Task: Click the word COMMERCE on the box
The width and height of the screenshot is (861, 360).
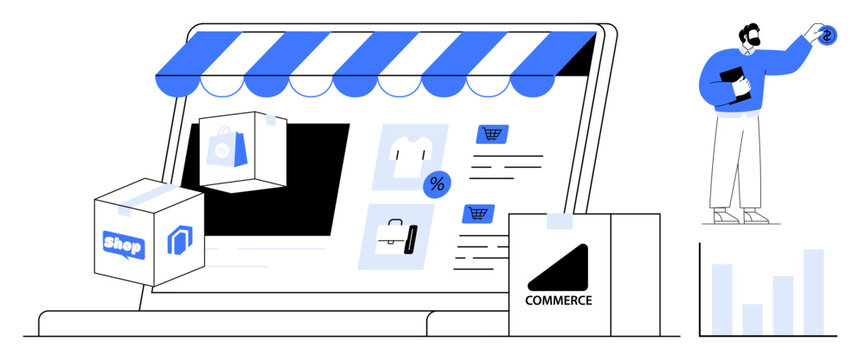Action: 558,300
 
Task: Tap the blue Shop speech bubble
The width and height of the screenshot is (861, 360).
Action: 123,244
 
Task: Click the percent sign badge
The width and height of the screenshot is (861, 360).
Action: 436,184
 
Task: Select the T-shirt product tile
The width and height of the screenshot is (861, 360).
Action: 408,155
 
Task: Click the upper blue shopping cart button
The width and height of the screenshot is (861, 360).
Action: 491,134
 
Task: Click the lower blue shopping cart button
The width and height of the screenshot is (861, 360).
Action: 478,213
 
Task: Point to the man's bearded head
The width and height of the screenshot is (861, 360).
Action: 749,34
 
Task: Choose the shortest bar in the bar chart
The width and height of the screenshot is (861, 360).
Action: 752,319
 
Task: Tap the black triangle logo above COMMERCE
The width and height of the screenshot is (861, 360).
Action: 561,267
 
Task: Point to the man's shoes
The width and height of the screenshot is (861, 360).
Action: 740,215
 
